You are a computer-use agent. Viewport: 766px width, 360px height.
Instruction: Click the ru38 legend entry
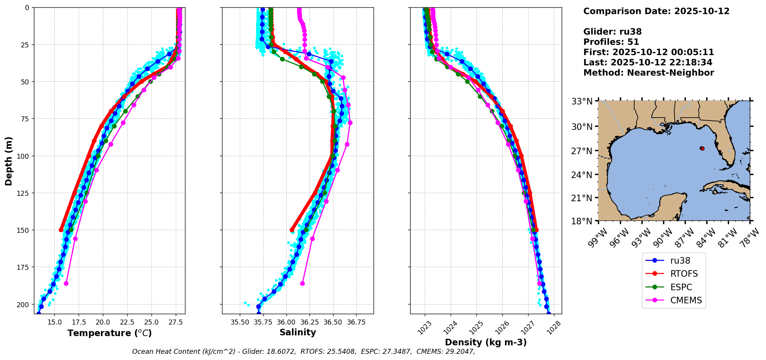click(680, 261)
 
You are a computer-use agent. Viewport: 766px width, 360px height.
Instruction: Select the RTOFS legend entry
click(684, 274)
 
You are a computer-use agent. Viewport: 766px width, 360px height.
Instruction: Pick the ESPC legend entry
click(681, 287)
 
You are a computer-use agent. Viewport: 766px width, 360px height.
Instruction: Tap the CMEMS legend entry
click(686, 300)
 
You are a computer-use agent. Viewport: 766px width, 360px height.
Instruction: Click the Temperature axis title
click(109, 333)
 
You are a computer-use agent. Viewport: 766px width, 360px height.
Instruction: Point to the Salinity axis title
click(298, 332)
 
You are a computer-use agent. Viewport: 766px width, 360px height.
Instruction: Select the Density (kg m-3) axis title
click(486, 342)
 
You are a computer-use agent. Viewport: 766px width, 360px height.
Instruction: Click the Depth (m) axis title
click(8, 161)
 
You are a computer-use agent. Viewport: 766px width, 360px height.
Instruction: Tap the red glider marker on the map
click(702, 148)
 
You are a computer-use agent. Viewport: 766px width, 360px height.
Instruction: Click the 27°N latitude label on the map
click(582, 151)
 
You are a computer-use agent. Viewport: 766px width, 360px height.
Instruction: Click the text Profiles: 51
click(611, 42)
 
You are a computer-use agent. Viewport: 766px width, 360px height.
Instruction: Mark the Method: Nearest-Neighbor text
click(648, 73)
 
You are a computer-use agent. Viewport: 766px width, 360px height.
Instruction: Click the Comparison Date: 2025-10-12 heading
click(656, 11)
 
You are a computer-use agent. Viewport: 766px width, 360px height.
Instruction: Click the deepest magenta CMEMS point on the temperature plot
click(66, 283)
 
